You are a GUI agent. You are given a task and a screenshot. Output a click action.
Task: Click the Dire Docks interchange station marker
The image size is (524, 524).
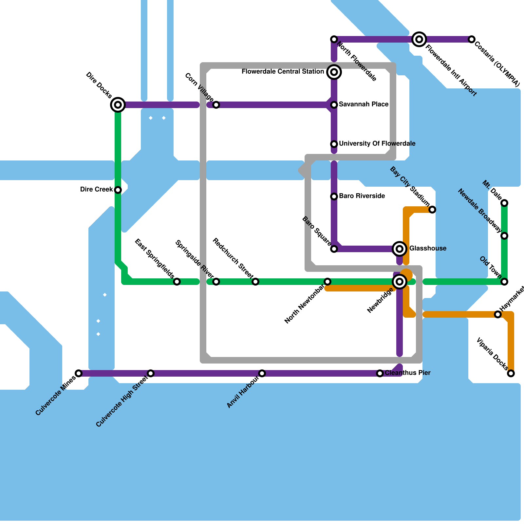click(118, 105)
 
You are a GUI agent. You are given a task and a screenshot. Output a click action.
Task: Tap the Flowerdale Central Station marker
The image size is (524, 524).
click(334, 72)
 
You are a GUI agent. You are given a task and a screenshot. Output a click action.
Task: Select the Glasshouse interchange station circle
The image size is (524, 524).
click(400, 249)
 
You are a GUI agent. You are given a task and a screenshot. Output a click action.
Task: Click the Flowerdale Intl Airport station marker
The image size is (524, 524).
click(419, 39)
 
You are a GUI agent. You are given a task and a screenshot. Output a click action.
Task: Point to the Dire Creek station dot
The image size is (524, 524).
click(118, 190)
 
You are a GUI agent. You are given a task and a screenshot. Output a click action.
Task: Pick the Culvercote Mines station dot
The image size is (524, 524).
click(79, 373)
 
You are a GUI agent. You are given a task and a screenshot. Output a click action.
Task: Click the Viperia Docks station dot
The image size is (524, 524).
click(511, 373)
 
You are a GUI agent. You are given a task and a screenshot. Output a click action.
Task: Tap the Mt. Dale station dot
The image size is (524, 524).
click(504, 203)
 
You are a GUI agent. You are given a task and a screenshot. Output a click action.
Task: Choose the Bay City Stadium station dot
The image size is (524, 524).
click(432, 210)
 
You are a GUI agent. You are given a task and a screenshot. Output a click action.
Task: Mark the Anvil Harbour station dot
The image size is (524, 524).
click(262, 373)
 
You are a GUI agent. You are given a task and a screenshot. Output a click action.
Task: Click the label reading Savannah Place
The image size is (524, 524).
click(364, 104)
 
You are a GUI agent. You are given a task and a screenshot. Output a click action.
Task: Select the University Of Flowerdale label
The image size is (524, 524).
click(377, 144)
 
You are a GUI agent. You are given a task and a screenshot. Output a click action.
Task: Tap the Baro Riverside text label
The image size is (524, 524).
click(362, 196)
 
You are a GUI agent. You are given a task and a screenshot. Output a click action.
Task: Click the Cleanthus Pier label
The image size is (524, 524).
click(407, 373)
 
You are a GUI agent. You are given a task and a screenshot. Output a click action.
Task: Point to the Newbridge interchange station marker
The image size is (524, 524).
click(400, 282)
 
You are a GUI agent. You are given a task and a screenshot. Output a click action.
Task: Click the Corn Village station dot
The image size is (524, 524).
click(216, 105)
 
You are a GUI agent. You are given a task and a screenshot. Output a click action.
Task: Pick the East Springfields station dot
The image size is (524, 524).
click(177, 282)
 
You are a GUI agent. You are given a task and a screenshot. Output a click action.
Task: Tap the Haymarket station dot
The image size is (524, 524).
click(498, 314)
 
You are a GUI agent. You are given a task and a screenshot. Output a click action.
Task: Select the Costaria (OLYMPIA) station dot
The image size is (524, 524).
click(472, 39)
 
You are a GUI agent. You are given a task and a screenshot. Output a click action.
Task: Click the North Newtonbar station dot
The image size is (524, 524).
click(327, 282)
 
